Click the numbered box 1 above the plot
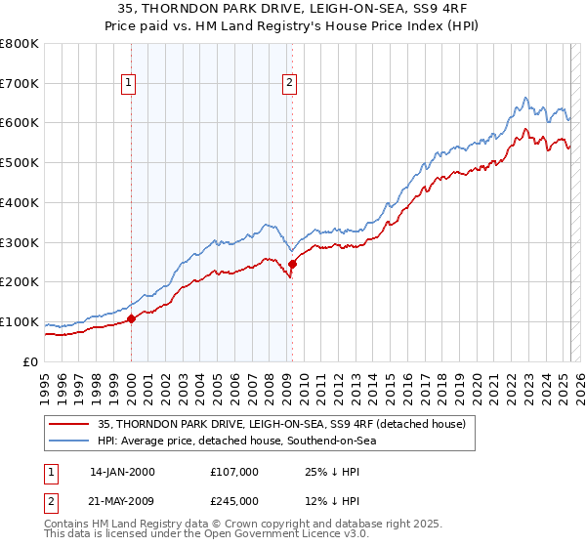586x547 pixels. coord(130,83)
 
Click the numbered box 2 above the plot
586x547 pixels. coord(291,83)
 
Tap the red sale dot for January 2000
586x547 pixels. coord(131,318)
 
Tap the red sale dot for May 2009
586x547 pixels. coord(292,264)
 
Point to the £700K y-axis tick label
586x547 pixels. coord(19,84)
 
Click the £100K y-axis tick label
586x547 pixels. coord(19,322)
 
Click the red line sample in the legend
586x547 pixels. coord(70,424)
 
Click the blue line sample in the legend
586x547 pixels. coord(70,441)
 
